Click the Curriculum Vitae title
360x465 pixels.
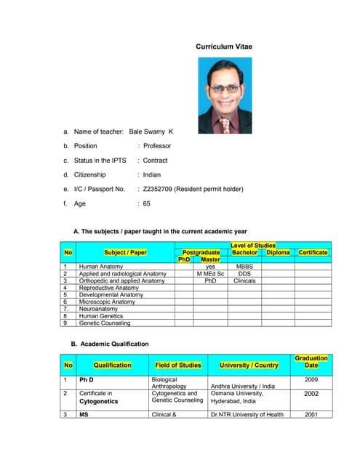tap(223, 46)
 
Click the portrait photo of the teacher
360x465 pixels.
tap(225, 95)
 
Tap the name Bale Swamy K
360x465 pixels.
tap(151, 132)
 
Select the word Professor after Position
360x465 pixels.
tap(157, 146)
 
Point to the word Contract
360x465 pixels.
tap(155, 161)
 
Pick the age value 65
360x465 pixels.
tap(147, 203)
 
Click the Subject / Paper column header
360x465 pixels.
tap(125, 252)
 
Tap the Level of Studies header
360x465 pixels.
tap(252, 246)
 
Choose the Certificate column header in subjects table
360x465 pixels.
tap(313, 252)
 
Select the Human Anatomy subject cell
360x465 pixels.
tap(101, 267)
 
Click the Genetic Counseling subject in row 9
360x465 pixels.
tap(105, 323)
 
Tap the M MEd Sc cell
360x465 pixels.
tap(210, 274)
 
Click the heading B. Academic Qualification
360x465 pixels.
tap(109, 344)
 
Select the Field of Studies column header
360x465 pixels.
tap(178, 365)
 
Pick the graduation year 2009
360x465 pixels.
tap(311, 379)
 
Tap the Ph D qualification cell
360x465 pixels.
tap(87, 379)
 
